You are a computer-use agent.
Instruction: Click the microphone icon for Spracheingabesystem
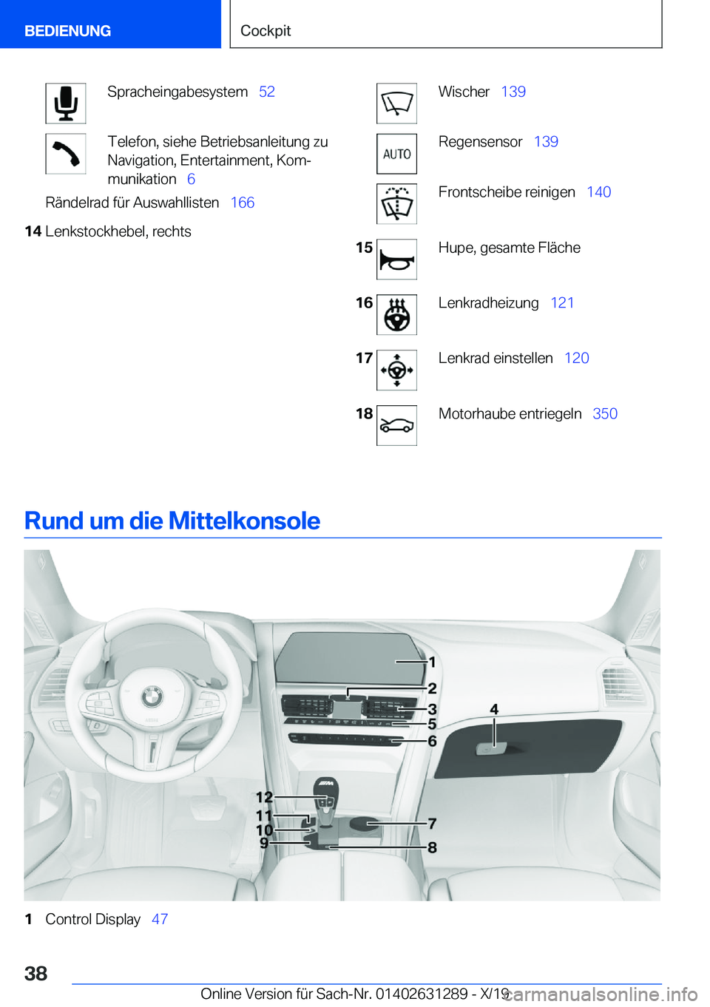pos(66,104)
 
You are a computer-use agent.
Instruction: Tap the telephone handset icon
pos(66,154)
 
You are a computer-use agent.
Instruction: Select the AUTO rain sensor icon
pos(396,154)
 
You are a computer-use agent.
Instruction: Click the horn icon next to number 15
pos(396,260)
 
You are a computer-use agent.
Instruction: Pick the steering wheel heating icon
pos(396,315)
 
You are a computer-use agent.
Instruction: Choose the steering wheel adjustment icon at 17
pos(396,370)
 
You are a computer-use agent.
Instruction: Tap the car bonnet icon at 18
pos(396,426)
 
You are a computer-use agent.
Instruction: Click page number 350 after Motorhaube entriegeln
pos(604,414)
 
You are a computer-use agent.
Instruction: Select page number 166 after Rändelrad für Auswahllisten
pos(242,203)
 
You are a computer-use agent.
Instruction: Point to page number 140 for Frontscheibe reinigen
pos(598,192)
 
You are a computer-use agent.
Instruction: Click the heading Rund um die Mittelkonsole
pos(172,521)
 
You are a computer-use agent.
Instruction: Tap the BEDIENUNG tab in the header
pos(67,31)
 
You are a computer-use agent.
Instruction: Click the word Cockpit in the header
pos(266,31)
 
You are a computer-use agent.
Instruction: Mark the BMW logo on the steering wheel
pos(152,695)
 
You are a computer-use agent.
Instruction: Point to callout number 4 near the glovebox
pos(494,710)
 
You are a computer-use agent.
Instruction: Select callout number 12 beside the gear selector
pos(264,797)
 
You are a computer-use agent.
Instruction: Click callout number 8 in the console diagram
pos(432,847)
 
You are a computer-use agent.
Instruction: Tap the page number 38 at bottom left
pos(36,973)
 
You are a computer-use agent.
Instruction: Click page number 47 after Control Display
pos(160,919)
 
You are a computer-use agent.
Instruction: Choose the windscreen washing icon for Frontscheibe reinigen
pos(396,204)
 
